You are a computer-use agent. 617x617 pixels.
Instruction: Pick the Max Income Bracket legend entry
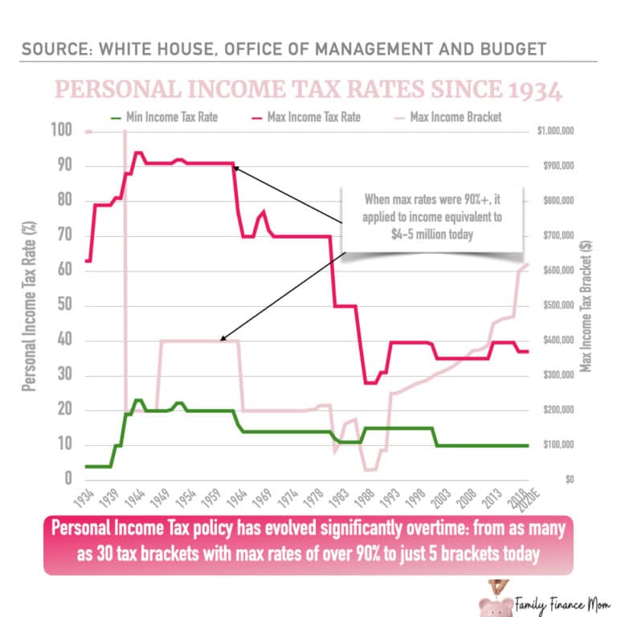click(x=455, y=117)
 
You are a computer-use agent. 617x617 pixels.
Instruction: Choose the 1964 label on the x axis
click(x=238, y=496)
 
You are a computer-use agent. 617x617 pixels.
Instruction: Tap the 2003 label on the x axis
click(x=439, y=496)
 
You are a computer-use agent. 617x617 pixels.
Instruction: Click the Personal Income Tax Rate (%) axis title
click(x=28, y=305)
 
